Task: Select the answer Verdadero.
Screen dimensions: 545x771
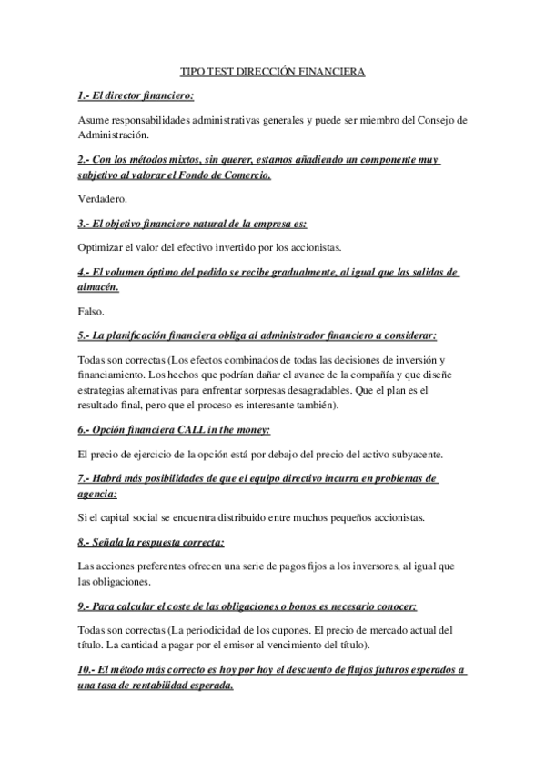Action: pyautogui.click(x=104, y=197)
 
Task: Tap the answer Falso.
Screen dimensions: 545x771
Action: pyautogui.click(x=92, y=311)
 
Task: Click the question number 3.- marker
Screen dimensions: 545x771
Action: pyautogui.click(x=86, y=223)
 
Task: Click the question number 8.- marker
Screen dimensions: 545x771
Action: pyautogui.click(x=86, y=543)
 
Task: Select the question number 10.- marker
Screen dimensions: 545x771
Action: pyautogui.click(x=89, y=670)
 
